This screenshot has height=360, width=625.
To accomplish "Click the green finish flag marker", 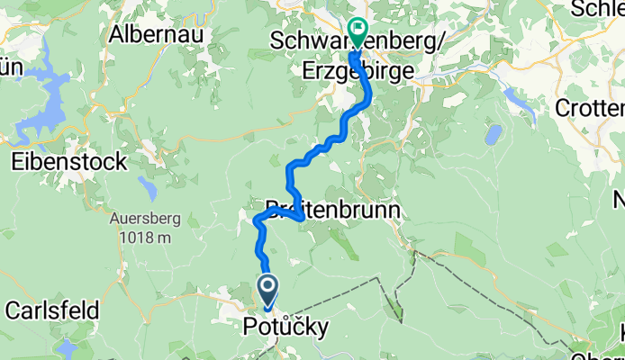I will (358, 32).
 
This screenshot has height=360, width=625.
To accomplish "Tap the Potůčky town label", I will (286, 326).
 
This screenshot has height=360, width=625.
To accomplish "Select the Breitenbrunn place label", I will (332, 211).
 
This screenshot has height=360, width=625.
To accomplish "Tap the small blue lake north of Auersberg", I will (147, 187).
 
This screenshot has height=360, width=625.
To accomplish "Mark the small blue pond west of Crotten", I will (494, 135).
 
